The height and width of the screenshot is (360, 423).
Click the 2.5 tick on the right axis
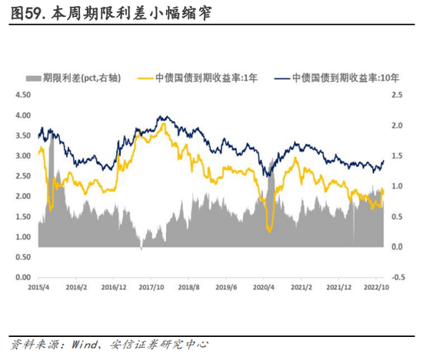coord(397,95)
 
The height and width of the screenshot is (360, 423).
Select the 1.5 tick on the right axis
coord(397,155)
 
